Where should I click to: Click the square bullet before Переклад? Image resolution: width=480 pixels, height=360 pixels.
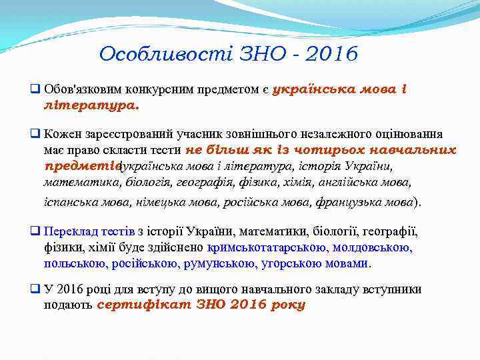coord(36,232)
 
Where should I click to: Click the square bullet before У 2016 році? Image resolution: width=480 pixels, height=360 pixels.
coord(36,289)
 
